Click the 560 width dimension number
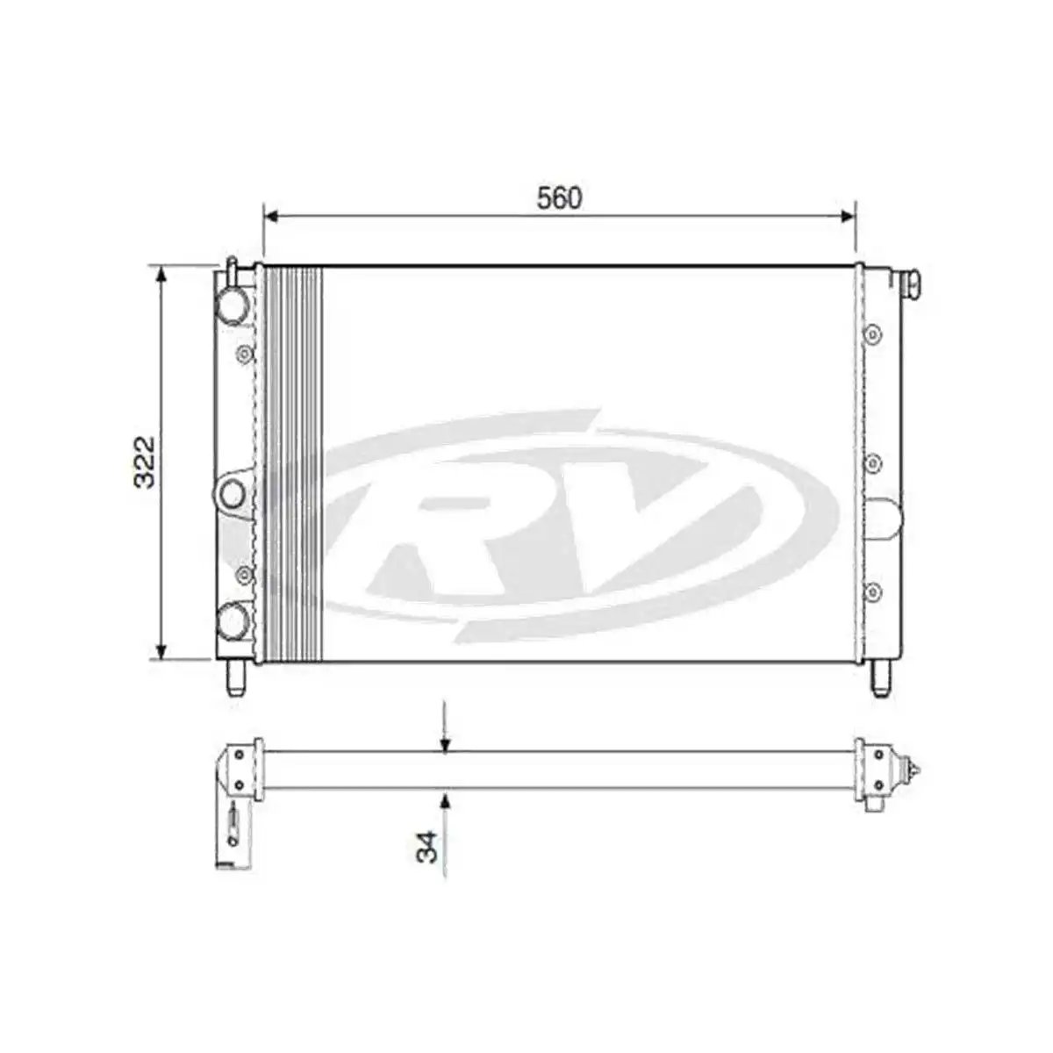(559, 199)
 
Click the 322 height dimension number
(145, 461)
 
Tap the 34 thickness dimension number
(427, 847)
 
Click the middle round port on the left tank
(232, 493)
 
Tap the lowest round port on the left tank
(233, 620)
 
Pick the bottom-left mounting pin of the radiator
(235, 678)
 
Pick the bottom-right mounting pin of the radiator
(881, 678)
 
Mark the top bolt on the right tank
(872, 334)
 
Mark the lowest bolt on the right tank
(872, 591)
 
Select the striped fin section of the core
(294, 462)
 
